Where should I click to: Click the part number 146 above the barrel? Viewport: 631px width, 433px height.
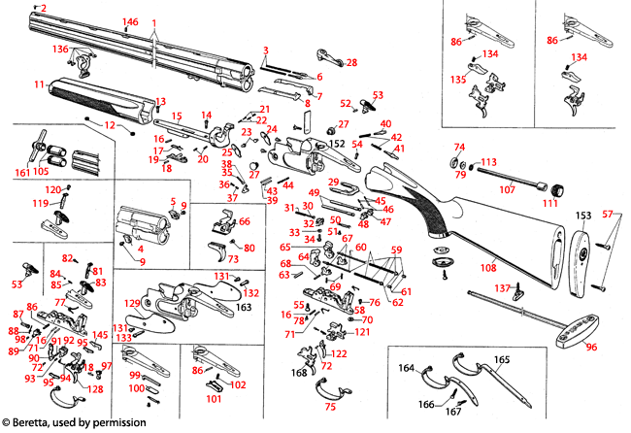[130, 21]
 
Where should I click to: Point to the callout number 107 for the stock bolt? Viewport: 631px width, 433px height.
[508, 189]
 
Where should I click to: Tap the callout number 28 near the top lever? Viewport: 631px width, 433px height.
[351, 62]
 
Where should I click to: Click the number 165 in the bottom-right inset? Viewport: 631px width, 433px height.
[501, 360]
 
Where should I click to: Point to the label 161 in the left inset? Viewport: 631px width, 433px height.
[22, 172]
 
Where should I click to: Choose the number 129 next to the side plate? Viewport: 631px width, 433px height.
[132, 304]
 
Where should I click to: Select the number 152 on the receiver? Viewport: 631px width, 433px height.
[337, 143]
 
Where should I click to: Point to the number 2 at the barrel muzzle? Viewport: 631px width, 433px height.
[43, 8]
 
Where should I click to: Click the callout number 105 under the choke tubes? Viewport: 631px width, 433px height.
[41, 172]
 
